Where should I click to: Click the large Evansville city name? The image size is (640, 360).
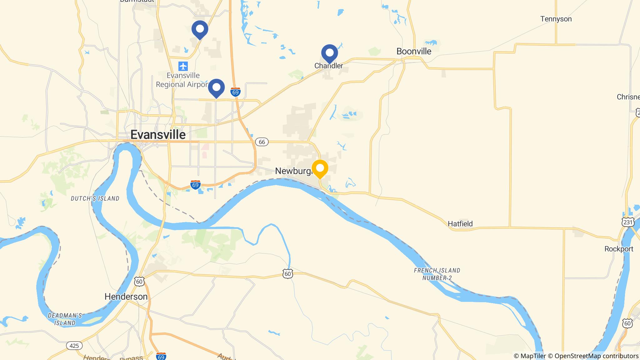pos(158,135)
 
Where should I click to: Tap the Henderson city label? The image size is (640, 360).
pos(126,297)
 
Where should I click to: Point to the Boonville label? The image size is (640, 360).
pos(414,51)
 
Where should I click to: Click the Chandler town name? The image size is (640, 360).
pos(328,66)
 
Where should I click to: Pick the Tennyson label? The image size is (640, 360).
pos(556,19)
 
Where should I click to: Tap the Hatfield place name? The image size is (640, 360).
pos(460,224)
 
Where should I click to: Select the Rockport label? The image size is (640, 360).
pos(619,249)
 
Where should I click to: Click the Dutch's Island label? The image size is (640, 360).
pos(95,198)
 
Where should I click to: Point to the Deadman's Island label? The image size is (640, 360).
pos(65,319)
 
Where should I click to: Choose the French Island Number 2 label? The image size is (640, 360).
pos(437,274)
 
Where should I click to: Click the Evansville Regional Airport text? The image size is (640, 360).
pos(182,80)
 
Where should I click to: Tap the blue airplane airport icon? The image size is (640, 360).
pos(183,66)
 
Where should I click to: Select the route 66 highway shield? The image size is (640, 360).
pos(262,142)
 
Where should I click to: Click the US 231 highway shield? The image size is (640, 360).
pos(628,222)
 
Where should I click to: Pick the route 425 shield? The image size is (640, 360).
pos(74,346)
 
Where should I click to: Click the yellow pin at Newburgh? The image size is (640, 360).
pos(320,168)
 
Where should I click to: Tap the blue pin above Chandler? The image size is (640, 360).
pos(329,53)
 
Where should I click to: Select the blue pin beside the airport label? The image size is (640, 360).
pos(216,88)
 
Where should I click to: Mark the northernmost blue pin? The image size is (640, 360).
pos(200,29)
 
